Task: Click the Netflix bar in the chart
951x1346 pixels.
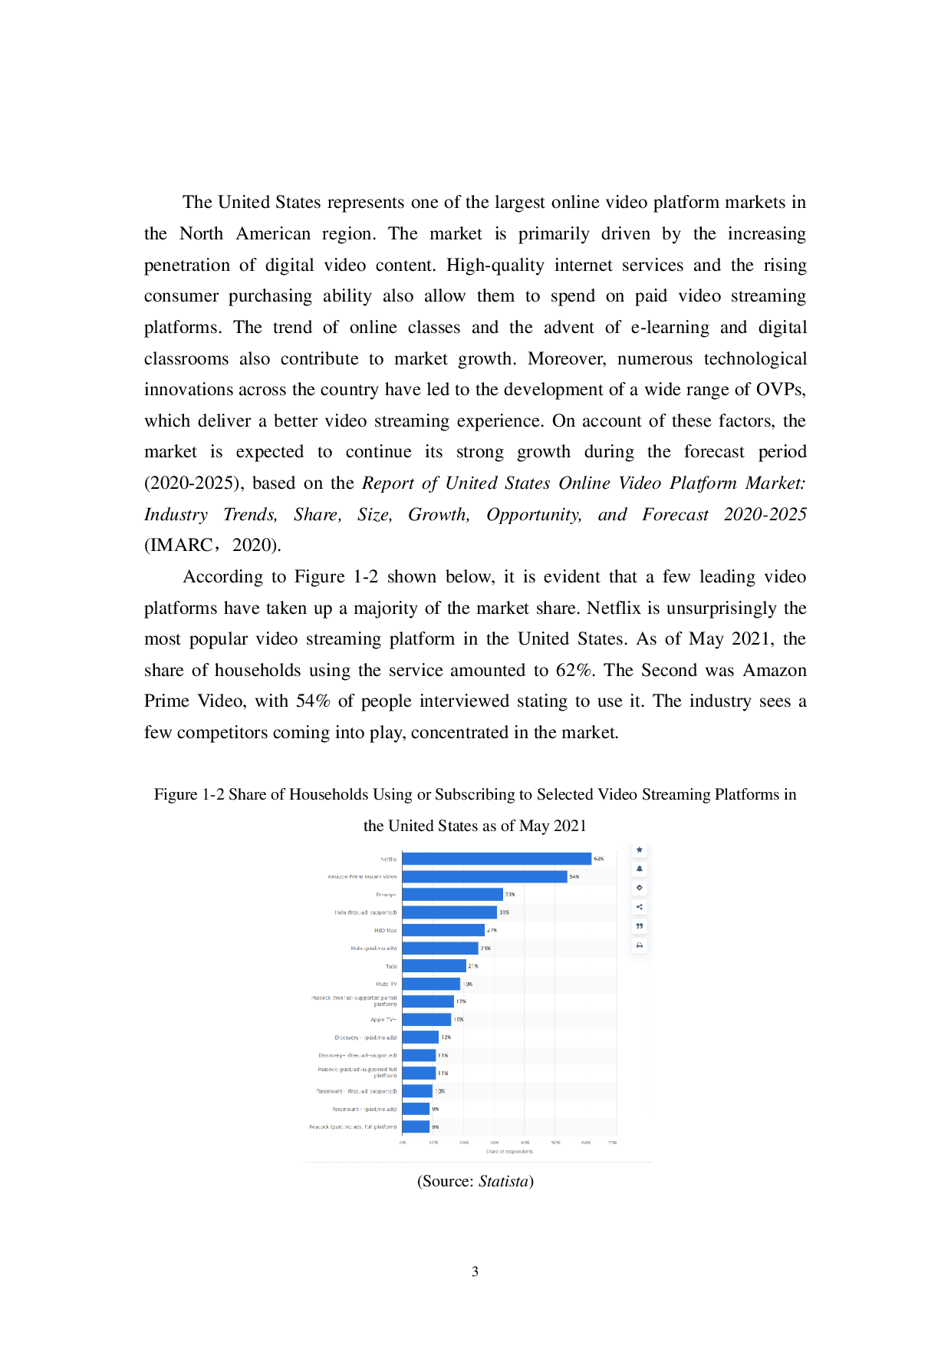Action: pyautogui.click(x=496, y=859)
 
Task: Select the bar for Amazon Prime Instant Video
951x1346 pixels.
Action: pyautogui.click(x=484, y=876)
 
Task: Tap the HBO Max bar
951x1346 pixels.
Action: pyautogui.click(x=443, y=930)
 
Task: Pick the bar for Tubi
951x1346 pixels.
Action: pyautogui.click(x=433, y=966)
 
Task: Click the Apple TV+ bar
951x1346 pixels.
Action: pyautogui.click(x=426, y=1020)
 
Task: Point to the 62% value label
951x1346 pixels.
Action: pyautogui.click(x=599, y=859)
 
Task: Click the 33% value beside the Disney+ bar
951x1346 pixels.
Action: pyautogui.click(x=510, y=895)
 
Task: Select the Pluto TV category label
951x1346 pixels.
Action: pyautogui.click(x=387, y=984)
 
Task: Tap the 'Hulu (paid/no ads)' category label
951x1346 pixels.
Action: pyautogui.click(x=373, y=948)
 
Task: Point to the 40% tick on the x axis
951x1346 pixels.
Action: pyautogui.click(x=525, y=1143)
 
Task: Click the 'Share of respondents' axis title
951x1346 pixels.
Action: pyautogui.click(x=509, y=1151)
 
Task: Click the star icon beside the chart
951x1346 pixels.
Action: pyautogui.click(x=640, y=850)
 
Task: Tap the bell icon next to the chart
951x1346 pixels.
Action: pyautogui.click(x=640, y=869)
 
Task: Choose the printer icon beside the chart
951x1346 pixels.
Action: pyautogui.click(x=640, y=945)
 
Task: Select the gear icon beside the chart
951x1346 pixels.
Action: pyautogui.click(x=640, y=888)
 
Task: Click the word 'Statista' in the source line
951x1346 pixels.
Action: pyautogui.click(x=503, y=1181)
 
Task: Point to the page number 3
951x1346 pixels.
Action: pyautogui.click(x=475, y=1272)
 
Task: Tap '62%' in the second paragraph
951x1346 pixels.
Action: pyautogui.click(x=575, y=671)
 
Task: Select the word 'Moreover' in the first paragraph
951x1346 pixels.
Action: pyautogui.click(x=566, y=359)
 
